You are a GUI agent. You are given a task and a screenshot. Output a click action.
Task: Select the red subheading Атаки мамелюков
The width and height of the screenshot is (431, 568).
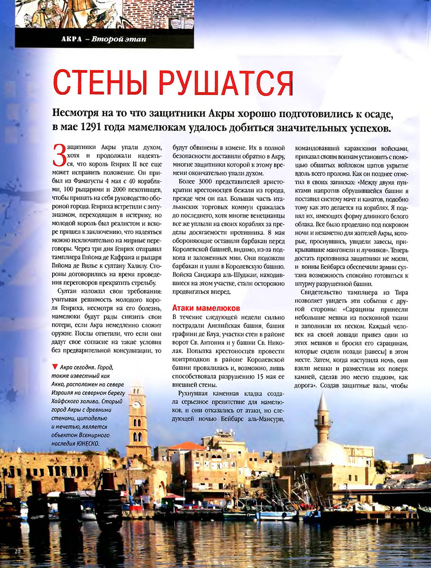(x=206, y=308)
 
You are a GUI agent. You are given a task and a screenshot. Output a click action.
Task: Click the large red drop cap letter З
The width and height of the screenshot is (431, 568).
(x=59, y=156)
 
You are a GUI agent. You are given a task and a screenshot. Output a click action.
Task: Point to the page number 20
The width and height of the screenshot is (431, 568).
(x=18, y=551)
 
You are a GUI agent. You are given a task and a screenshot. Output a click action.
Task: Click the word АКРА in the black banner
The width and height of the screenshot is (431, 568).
(x=71, y=39)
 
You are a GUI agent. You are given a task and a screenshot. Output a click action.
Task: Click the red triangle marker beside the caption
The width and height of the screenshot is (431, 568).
(x=54, y=367)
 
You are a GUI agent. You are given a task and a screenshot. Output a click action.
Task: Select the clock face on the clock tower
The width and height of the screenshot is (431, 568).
(x=137, y=405)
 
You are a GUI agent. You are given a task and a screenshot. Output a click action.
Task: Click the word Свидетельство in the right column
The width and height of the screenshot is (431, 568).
(x=320, y=293)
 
